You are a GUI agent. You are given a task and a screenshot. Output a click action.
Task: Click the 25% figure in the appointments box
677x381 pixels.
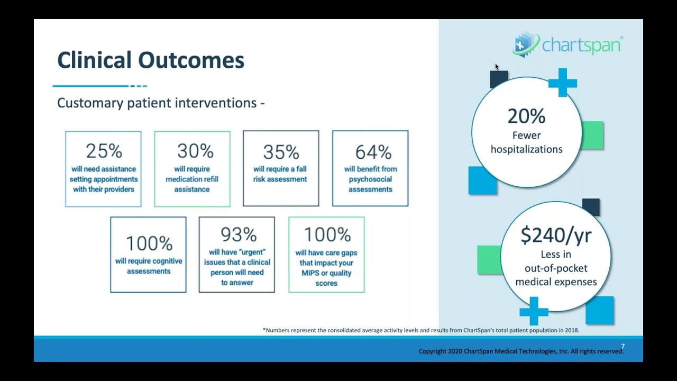click(x=104, y=151)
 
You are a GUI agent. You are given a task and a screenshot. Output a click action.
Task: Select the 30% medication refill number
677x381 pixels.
click(x=195, y=151)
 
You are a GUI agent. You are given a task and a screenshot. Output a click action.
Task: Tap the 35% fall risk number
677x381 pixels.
click(x=281, y=152)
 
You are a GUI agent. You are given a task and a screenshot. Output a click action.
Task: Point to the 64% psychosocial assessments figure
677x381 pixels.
click(x=373, y=152)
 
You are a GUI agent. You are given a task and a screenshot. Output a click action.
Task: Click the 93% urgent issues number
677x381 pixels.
click(x=239, y=234)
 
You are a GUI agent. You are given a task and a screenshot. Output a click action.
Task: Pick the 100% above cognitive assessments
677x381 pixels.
click(x=149, y=243)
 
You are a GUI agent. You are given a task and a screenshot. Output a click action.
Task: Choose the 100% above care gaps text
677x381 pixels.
click(x=327, y=234)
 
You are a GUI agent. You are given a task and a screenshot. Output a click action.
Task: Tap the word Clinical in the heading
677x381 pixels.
click(x=94, y=60)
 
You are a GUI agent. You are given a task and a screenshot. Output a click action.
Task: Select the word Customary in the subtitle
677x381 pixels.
click(x=90, y=103)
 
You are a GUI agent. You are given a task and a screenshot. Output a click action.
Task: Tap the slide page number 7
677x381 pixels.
click(x=623, y=347)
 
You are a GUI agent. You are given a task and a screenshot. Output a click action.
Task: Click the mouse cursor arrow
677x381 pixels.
click(x=497, y=67)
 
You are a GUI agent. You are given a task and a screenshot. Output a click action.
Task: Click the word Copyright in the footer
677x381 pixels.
click(x=434, y=351)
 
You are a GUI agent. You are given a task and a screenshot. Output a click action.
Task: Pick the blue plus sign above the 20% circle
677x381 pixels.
click(x=562, y=83)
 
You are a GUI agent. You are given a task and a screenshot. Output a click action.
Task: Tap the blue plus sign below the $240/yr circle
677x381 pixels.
click(x=534, y=311)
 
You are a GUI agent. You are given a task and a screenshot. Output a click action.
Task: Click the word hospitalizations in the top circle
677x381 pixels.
click(x=526, y=149)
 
